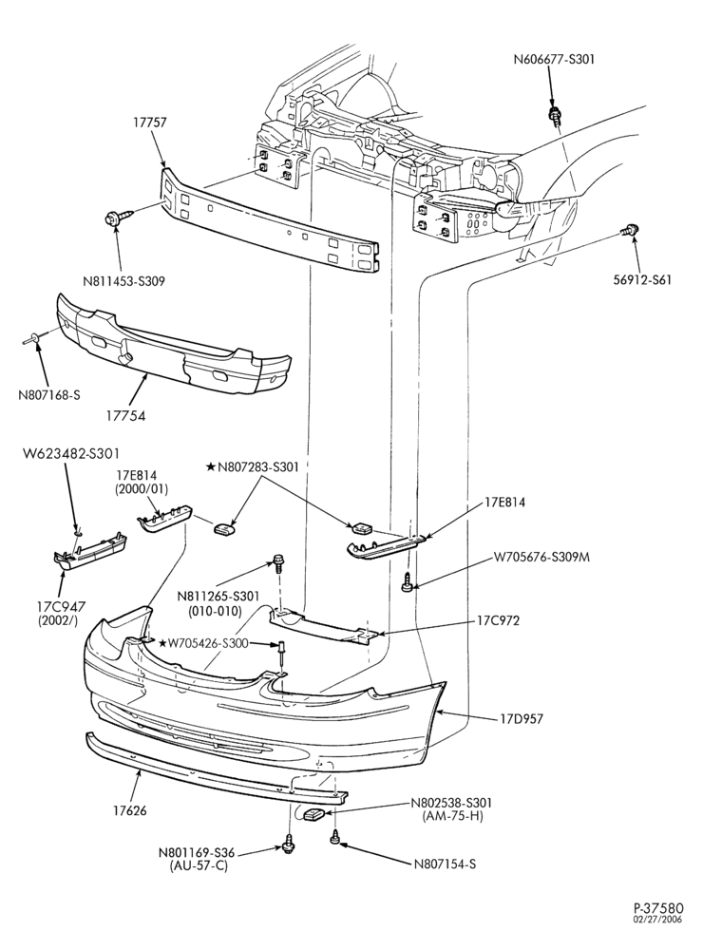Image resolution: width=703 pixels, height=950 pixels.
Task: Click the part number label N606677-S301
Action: tap(554, 59)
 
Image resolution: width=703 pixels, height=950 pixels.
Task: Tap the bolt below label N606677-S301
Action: tap(553, 116)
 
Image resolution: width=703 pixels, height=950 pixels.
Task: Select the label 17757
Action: tap(150, 123)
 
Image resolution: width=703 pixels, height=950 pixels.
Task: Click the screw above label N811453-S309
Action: tap(119, 218)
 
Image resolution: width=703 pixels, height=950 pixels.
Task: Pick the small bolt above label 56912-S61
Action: tap(630, 230)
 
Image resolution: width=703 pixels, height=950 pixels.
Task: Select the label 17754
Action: tap(127, 416)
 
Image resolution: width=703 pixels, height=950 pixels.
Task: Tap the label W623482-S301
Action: tap(71, 453)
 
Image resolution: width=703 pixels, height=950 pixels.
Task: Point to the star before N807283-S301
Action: tap(210, 466)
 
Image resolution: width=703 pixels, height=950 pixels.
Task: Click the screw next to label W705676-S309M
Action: tap(408, 583)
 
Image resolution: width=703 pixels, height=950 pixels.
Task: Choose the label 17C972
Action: tap(498, 621)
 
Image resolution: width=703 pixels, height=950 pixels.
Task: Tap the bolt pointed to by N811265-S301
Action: tap(277, 562)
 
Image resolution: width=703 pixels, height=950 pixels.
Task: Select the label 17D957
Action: tap(522, 719)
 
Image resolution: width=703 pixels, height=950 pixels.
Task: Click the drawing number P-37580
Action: tap(658, 924)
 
